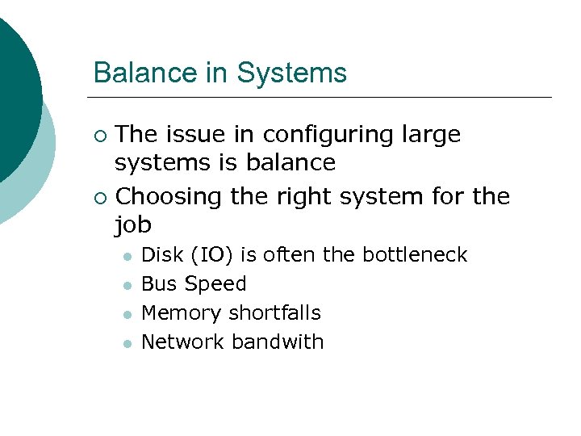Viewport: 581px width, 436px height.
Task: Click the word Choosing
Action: [169, 196]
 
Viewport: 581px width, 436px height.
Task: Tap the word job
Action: [133, 224]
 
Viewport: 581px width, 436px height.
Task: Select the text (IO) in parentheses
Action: [210, 256]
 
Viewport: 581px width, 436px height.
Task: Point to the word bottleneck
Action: [415, 255]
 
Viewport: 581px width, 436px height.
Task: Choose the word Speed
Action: [215, 284]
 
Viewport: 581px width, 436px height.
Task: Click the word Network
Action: [182, 342]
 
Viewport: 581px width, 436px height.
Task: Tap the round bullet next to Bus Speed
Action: [126, 285]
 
